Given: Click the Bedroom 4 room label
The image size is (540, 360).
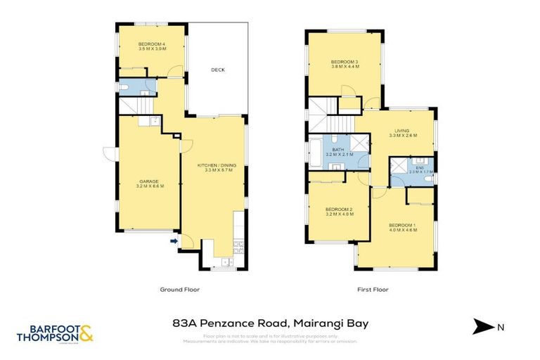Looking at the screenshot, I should click(x=153, y=47).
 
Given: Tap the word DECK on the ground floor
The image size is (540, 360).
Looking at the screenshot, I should click(x=217, y=70).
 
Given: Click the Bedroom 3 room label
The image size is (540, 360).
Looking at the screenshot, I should click(x=345, y=65).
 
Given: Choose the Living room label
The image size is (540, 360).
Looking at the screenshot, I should click(x=401, y=133).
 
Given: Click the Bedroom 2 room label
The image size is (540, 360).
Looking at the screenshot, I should click(x=338, y=212).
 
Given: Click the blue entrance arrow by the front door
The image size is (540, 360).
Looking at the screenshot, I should click(x=173, y=243).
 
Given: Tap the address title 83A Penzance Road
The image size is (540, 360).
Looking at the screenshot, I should click(x=270, y=323).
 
